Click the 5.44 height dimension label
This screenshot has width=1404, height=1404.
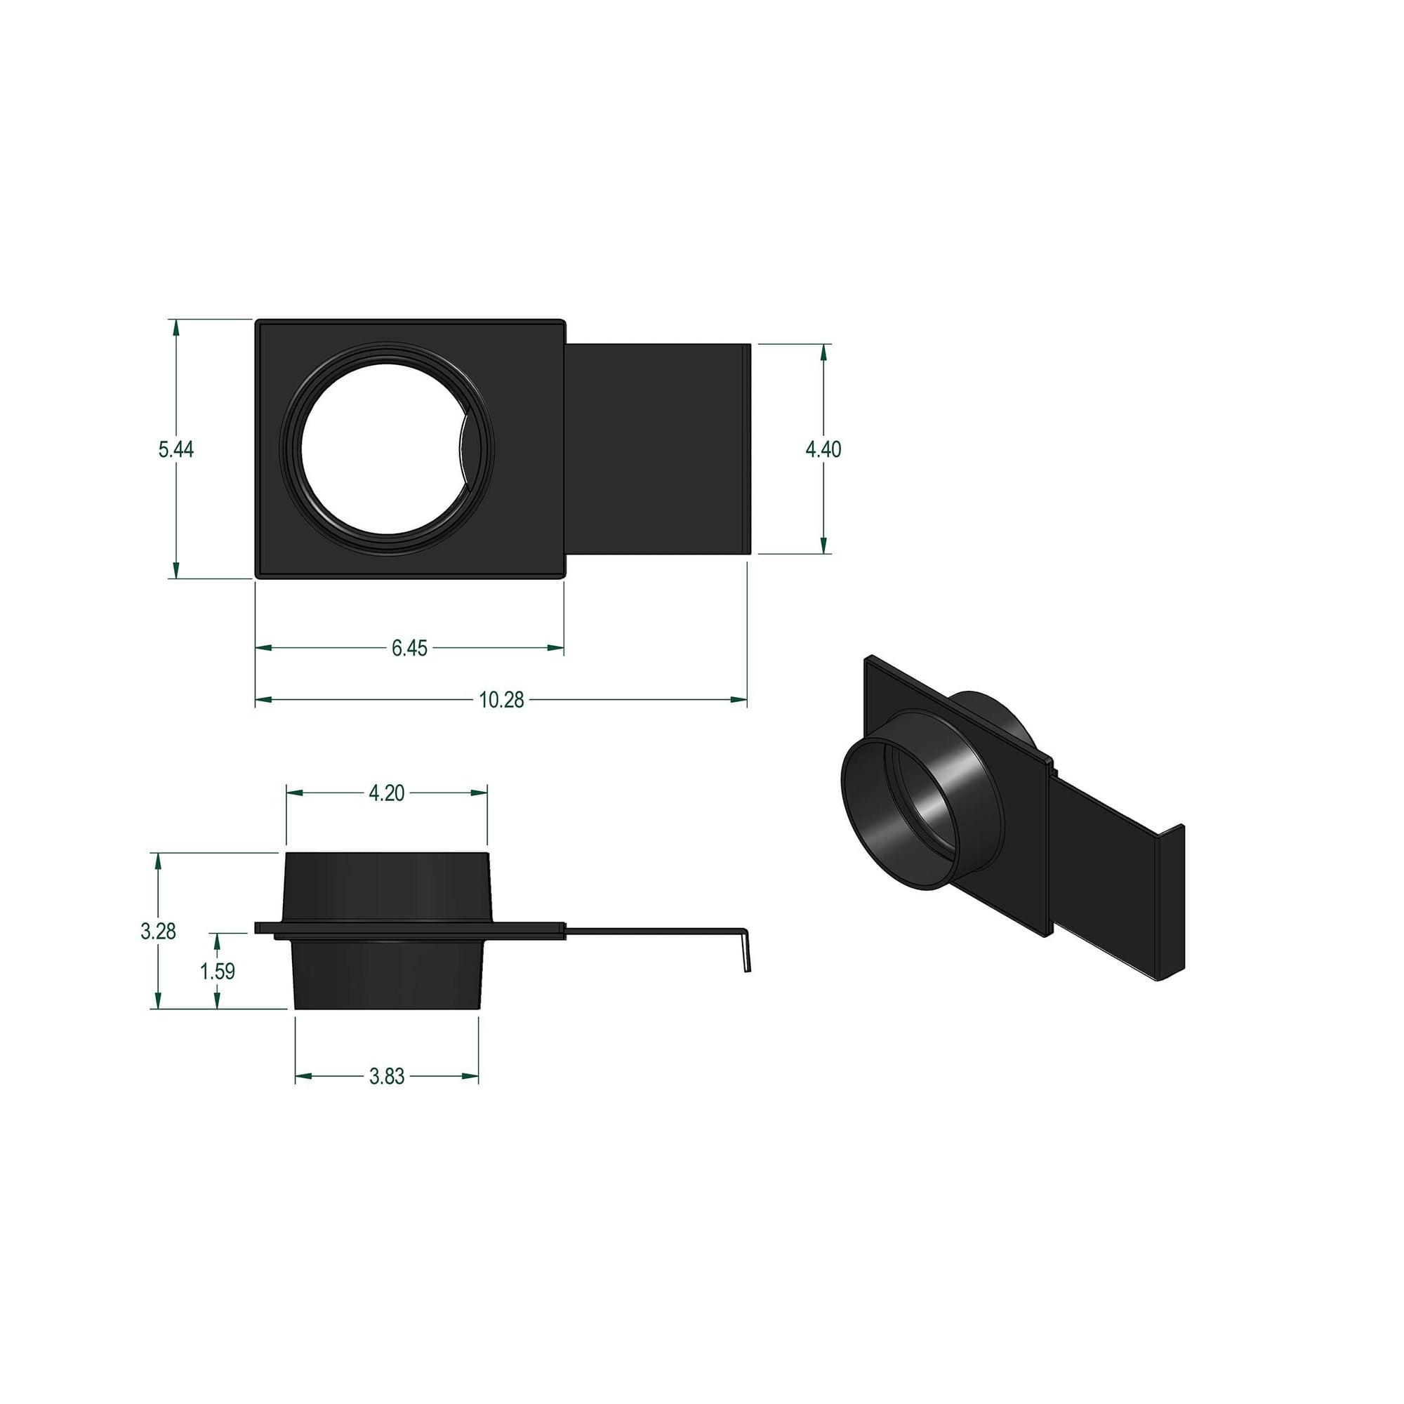(x=176, y=449)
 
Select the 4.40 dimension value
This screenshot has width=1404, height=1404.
(x=823, y=449)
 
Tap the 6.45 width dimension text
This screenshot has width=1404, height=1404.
(x=409, y=648)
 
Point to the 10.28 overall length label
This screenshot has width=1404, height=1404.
(x=501, y=700)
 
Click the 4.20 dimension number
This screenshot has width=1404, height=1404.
(x=386, y=793)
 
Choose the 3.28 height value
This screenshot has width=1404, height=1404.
(x=158, y=931)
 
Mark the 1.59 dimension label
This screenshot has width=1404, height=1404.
(x=218, y=971)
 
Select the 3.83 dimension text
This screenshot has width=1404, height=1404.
(x=386, y=1076)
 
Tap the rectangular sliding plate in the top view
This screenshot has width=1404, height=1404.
(x=658, y=449)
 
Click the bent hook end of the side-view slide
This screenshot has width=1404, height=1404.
(x=745, y=953)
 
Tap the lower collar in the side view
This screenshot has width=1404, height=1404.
(x=387, y=974)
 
